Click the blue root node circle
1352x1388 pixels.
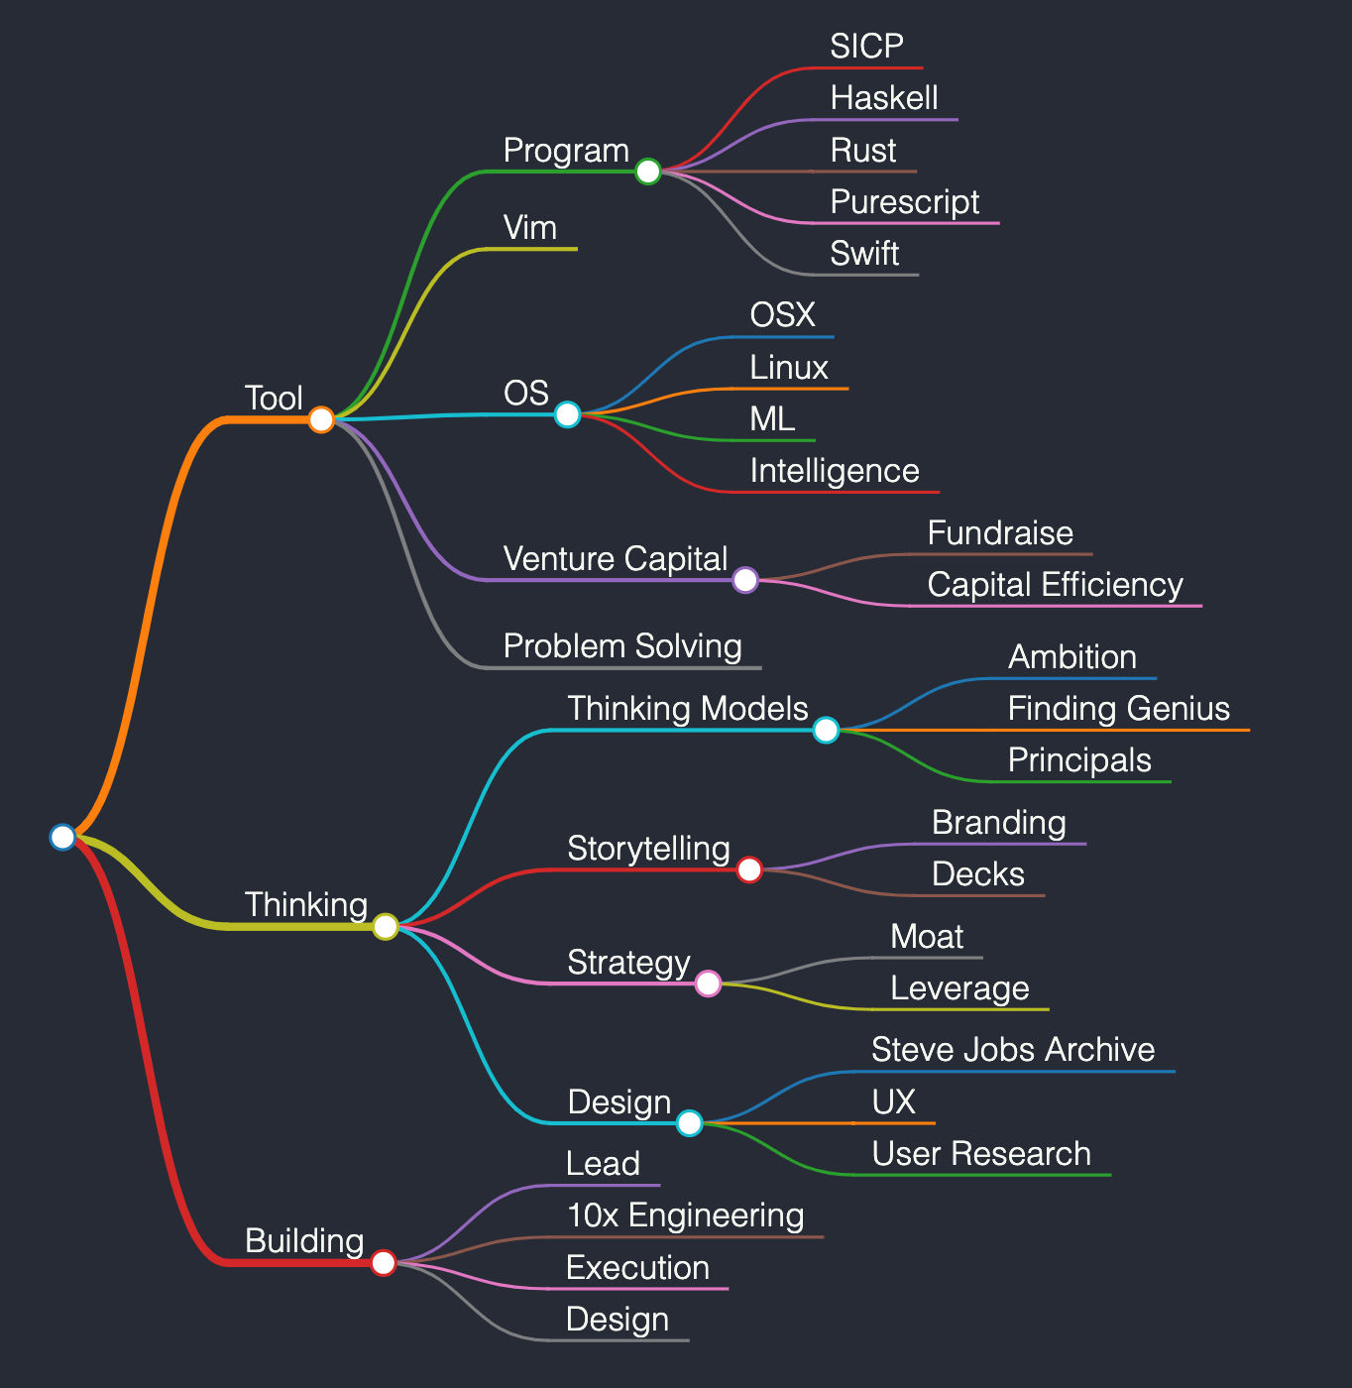tap(62, 837)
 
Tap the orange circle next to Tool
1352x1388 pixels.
tap(321, 419)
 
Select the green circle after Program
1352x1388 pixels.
tap(648, 172)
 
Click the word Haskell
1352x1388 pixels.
tap(883, 98)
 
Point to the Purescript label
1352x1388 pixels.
tap(904, 202)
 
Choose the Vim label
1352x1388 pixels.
tap(530, 228)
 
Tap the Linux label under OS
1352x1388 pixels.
tap(789, 368)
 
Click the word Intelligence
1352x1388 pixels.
tap(835, 472)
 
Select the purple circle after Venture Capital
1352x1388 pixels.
tap(745, 580)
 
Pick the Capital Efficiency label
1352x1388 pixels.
tap(1055, 586)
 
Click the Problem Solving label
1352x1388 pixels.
tap(622, 647)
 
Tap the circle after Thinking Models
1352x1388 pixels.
tap(826, 730)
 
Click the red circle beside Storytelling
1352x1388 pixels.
tap(749, 869)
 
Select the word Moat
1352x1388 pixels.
tap(927, 937)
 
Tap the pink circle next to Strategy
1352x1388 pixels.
tap(708, 983)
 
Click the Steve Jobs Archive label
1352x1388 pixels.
tap(1013, 1050)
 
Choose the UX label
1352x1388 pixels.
tap(893, 1102)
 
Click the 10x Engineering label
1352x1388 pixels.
tap(685, 1216)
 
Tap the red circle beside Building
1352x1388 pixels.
tap(384, 1262)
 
